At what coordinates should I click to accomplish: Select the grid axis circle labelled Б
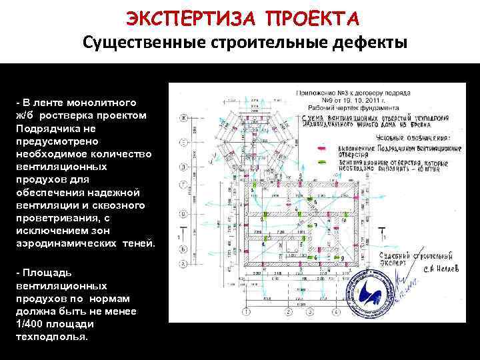click(181, 247)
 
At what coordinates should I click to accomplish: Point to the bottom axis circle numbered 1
click(247, 311)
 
